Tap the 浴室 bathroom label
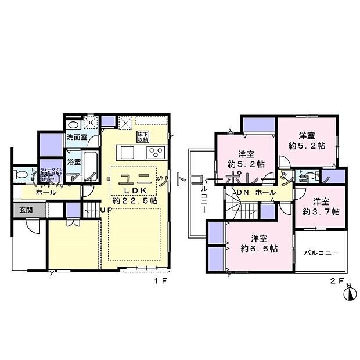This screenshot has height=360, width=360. (x=74, y=161)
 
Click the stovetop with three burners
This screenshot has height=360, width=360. (x=156, y=153)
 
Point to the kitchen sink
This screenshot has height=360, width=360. (x=127, y=153)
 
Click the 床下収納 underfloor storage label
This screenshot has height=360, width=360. (x=142, y=136)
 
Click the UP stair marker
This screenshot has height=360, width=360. (x=105, y=209)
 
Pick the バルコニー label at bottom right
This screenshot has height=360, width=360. (x=321, y=253)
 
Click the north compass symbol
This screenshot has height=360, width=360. (x=350, y=294)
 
